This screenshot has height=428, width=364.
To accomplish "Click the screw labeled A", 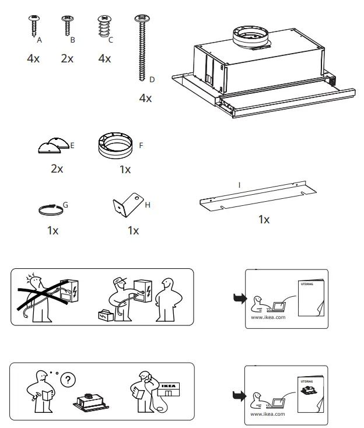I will tap(33, 27).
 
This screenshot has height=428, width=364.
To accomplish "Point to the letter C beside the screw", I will tap(110, 40).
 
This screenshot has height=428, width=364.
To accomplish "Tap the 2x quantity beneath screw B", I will tap(68, 59).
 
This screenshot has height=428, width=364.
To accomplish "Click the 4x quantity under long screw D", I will tap(145, 99).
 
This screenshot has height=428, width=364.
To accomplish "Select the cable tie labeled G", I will tap(50, 209).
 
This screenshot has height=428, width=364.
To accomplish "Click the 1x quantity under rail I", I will tap(264, 220).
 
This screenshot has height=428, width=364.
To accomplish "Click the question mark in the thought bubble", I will tap(69, 380).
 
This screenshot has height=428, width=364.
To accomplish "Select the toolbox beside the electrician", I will tap(106, 315).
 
